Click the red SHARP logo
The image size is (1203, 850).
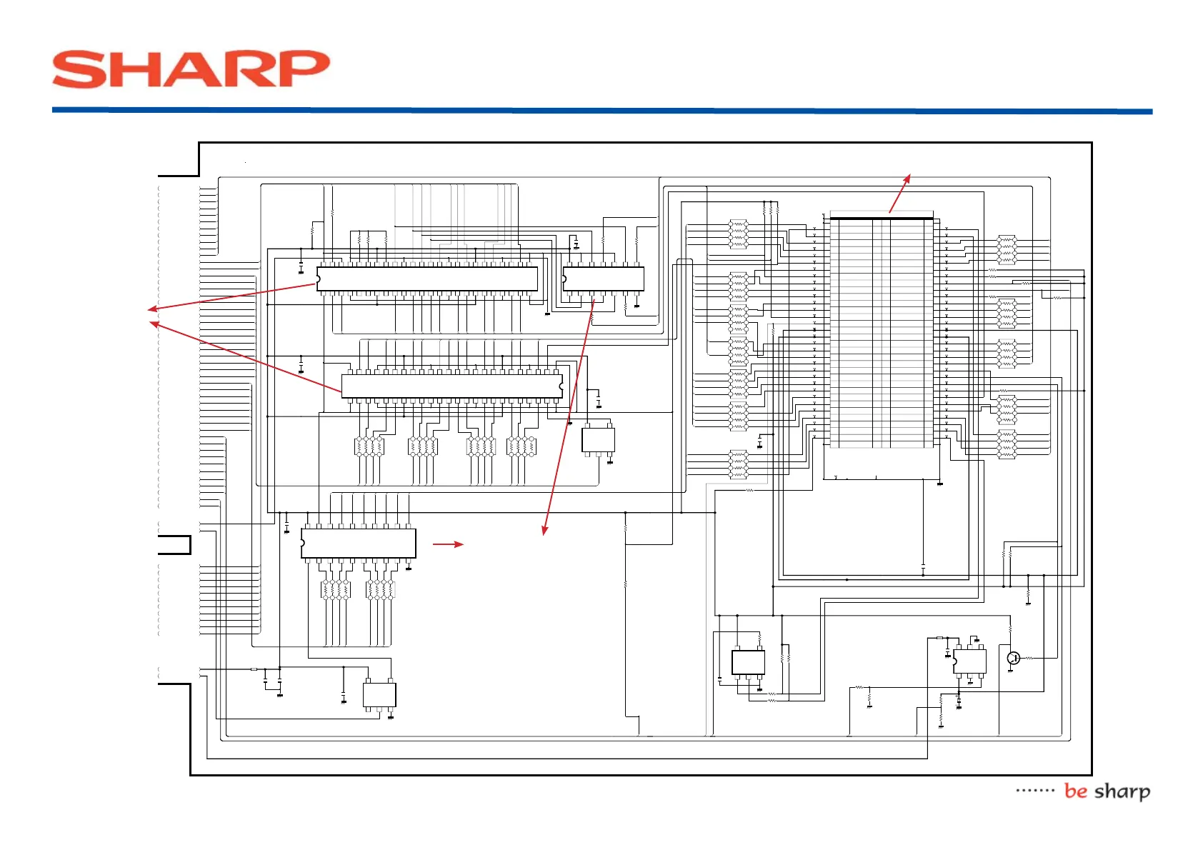pos(191,69)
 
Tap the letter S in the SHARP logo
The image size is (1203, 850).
pos(76,69)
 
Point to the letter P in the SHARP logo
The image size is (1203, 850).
pos(301,69)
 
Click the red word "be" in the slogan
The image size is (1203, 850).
pos(1075,791)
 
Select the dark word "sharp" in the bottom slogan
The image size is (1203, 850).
pos(1122,792)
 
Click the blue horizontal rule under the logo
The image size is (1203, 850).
pos(601,111)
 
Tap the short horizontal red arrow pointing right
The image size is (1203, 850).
pos(448,544)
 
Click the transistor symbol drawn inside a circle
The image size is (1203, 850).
pos(1013,658)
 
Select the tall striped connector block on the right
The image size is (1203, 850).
pos(882,332)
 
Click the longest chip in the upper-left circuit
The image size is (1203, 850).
pos(427,279)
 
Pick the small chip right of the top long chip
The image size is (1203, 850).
pos(604,279)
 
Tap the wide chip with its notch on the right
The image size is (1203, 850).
pos(451,386)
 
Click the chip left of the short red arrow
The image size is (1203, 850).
pos(358,544)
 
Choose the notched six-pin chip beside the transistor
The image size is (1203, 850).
pos(969,661)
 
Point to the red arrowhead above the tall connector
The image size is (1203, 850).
pos(908,178)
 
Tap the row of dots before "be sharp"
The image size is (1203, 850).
pos(1035,791)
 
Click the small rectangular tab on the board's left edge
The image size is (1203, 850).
pos(174,545)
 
